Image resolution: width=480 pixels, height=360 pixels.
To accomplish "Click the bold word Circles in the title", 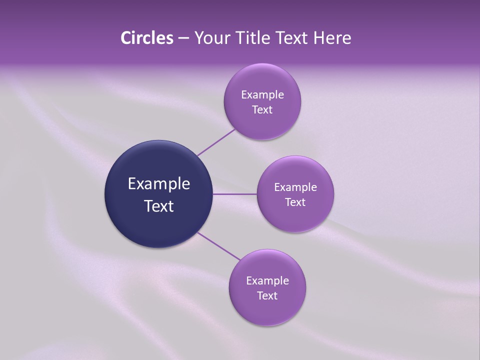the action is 146,38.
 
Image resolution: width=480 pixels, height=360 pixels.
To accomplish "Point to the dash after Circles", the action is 183,38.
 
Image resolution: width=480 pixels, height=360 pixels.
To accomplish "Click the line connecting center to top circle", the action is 216,142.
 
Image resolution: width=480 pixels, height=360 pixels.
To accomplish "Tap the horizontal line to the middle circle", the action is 234,194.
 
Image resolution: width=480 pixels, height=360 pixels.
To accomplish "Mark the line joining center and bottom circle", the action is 218,246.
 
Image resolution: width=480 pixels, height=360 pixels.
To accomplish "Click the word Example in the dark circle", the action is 159,184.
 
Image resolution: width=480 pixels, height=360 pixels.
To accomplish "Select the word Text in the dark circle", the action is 159,206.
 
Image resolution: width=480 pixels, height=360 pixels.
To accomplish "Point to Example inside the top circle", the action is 262,95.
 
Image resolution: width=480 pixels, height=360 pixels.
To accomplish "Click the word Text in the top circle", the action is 262,110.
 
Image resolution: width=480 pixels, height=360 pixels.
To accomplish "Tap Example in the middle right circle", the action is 295,187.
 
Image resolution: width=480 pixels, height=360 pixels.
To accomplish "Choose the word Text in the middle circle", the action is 295,202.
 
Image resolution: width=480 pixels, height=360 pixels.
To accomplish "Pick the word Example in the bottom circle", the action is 267,281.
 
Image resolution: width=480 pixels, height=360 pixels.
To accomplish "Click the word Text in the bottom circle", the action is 267,296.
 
